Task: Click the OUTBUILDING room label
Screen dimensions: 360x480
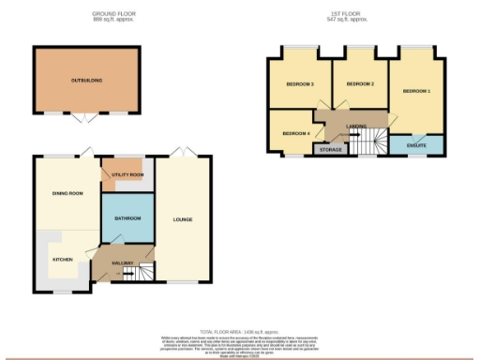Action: point(86,81)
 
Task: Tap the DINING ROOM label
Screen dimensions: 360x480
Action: point(67,193)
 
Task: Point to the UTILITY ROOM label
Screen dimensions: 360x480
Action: point(128,174)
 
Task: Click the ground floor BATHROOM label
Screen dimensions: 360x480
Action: point(127,218)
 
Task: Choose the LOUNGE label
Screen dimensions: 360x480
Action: point(183,220)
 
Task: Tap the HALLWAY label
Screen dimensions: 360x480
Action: point(124,262)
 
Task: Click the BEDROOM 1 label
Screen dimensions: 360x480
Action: point(416,91)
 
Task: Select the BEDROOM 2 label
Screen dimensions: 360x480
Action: point(360,84)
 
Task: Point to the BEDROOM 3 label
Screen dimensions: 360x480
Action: point(299,84)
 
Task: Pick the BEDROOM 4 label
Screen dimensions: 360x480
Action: point(295,132)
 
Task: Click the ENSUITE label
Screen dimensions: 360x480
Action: point(416,145)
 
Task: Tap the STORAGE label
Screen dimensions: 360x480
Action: point(330,149)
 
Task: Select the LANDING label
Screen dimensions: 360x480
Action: point(356,126)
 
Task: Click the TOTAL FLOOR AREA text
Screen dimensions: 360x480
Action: point(240,331)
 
